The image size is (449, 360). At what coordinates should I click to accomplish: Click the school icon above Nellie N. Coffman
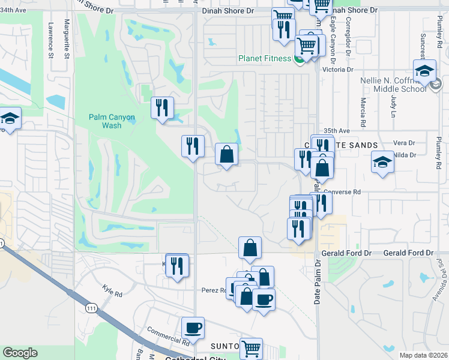coord(425,72)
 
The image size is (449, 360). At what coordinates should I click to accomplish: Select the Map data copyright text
coord(423,355)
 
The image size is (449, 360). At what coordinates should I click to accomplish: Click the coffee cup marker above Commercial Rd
coord(193,328)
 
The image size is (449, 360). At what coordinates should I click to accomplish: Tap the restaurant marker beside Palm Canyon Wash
coord(161,108)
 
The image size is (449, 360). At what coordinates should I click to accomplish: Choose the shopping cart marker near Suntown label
coord(251,347)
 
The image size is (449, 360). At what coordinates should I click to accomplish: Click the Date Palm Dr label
coord(316,282)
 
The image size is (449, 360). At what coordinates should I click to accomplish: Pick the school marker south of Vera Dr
coord(382,162)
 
